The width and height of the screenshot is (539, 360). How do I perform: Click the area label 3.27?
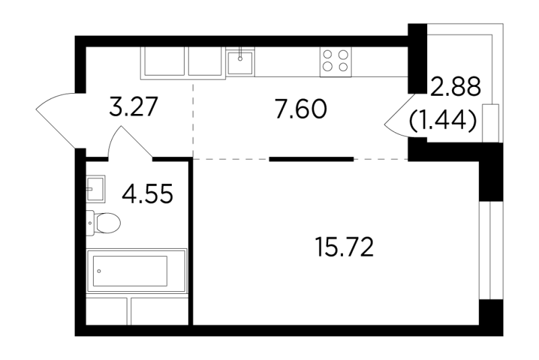[133, 107]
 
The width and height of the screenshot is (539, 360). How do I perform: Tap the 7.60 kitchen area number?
[301, 109]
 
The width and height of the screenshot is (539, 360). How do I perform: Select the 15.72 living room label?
[344, 247]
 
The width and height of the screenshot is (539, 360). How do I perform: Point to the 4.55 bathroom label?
[148, 193]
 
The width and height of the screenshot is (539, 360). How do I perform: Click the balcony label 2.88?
[455, 87]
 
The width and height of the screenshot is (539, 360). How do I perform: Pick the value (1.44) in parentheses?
[443, 121]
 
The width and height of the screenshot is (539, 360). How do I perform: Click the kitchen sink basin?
[241, 62]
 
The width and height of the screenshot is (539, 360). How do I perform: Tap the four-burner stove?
[336, 61]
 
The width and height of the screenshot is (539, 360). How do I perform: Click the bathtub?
[137, 271]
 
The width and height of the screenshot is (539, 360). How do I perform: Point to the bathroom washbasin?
[95, 189]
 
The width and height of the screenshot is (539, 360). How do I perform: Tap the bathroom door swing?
[130, 143]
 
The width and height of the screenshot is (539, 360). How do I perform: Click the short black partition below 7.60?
[311, 159]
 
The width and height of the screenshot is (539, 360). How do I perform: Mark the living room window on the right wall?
[491, 250]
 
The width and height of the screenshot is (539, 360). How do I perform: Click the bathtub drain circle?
[99, 271]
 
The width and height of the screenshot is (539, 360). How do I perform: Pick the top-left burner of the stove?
[329, 55]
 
